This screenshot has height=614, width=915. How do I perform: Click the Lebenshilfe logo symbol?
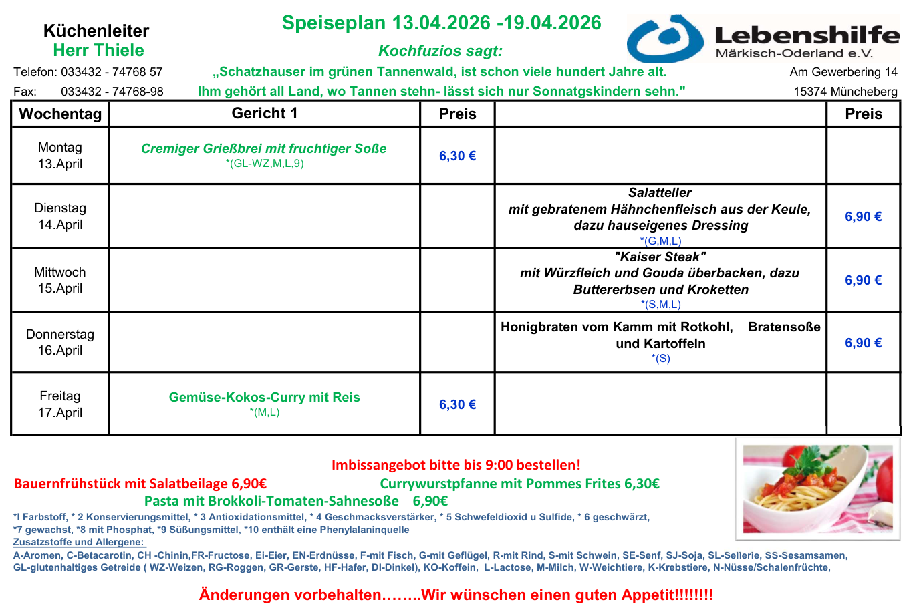(666, 39)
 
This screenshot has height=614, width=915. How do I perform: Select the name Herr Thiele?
(98, 50)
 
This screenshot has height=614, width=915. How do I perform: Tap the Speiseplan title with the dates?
(441, 23)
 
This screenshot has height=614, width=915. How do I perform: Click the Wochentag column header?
(60, 114)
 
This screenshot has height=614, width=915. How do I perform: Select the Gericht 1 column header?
(265, 113)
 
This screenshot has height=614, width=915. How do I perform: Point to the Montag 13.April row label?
(60, 156)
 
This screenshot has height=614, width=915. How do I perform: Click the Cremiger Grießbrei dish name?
(263, 148)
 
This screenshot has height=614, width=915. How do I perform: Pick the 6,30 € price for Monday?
(457, 156)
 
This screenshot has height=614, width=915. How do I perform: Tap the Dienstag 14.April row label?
(60, 216)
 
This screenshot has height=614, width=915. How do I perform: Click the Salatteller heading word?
(660, 192)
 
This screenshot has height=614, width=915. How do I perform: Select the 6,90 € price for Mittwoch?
(863, 280)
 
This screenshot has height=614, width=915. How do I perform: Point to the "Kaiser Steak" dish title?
(660, 257)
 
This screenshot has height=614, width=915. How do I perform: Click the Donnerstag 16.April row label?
(60, 342)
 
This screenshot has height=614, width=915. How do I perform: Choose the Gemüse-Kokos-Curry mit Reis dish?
(264, 397)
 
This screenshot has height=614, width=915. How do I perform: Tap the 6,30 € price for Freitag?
(457, 404)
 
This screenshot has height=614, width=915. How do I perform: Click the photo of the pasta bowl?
(817, 488)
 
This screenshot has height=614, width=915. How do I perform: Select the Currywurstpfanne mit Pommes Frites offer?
(519, 484)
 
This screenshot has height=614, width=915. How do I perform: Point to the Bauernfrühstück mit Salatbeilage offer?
(140, 484)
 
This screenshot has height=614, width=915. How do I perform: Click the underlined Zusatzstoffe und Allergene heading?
(79, 542)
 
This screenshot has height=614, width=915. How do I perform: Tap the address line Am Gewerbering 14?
(843, 72)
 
